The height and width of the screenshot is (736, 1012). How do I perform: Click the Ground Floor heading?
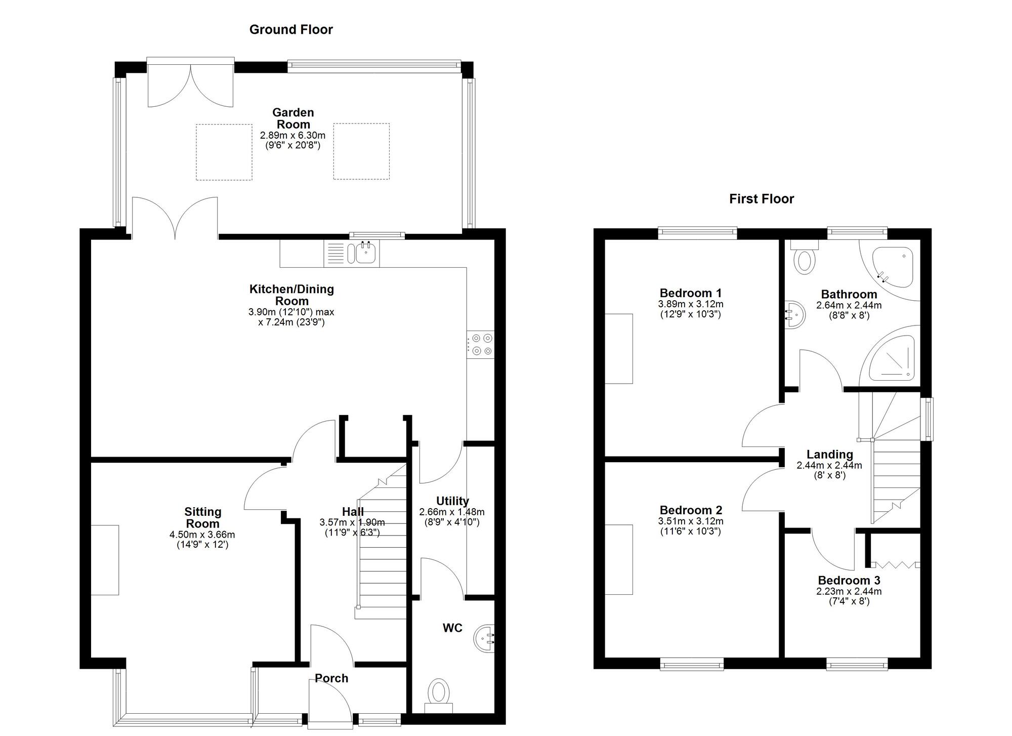coord(291,29)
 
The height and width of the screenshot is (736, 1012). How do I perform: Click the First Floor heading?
coord(761,199)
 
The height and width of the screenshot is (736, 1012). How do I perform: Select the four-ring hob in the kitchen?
coord(481,344)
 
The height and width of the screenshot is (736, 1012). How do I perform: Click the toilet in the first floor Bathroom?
coord(805,258)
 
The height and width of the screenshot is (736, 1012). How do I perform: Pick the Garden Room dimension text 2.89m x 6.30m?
coord(292,136)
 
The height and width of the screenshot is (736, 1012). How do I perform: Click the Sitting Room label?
coord(202,517)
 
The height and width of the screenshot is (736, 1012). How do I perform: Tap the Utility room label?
coord(452,501)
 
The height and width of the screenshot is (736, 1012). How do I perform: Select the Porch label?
coord(331,678)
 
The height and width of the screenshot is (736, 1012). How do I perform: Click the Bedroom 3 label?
coord(849,581)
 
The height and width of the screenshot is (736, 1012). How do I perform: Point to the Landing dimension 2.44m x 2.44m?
coord(829,465)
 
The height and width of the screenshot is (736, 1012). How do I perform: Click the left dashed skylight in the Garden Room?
coord(224,152)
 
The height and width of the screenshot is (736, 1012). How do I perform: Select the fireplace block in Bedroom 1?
coord(619,349)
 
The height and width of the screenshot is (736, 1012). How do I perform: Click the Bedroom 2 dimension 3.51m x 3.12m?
coord(690,521)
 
